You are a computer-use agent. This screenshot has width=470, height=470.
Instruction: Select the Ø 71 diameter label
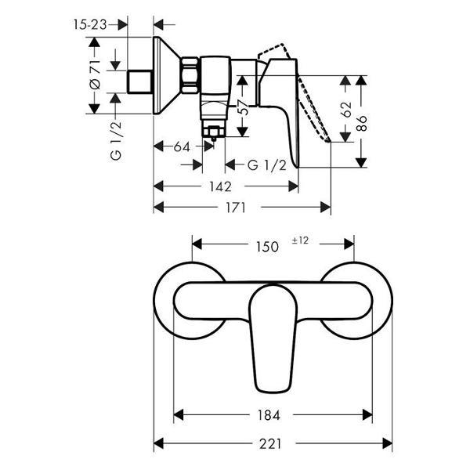(x=94, y=74)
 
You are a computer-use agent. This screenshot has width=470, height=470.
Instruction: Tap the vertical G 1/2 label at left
(x=116, y=141)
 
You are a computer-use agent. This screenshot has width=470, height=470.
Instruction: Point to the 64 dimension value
(x=182, y=146)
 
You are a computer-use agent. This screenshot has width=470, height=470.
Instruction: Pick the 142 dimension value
(x=220, y=186)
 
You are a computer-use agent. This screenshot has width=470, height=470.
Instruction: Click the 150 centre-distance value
(x=266, y=246)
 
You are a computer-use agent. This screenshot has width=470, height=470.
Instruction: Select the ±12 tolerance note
(x=302, y=242)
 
